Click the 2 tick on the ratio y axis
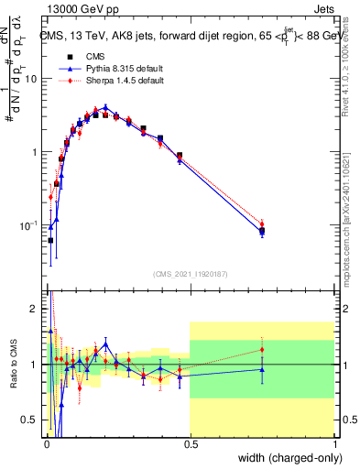pos(36,309)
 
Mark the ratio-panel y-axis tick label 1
pos(36,365)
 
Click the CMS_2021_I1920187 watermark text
pos(191,273)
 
